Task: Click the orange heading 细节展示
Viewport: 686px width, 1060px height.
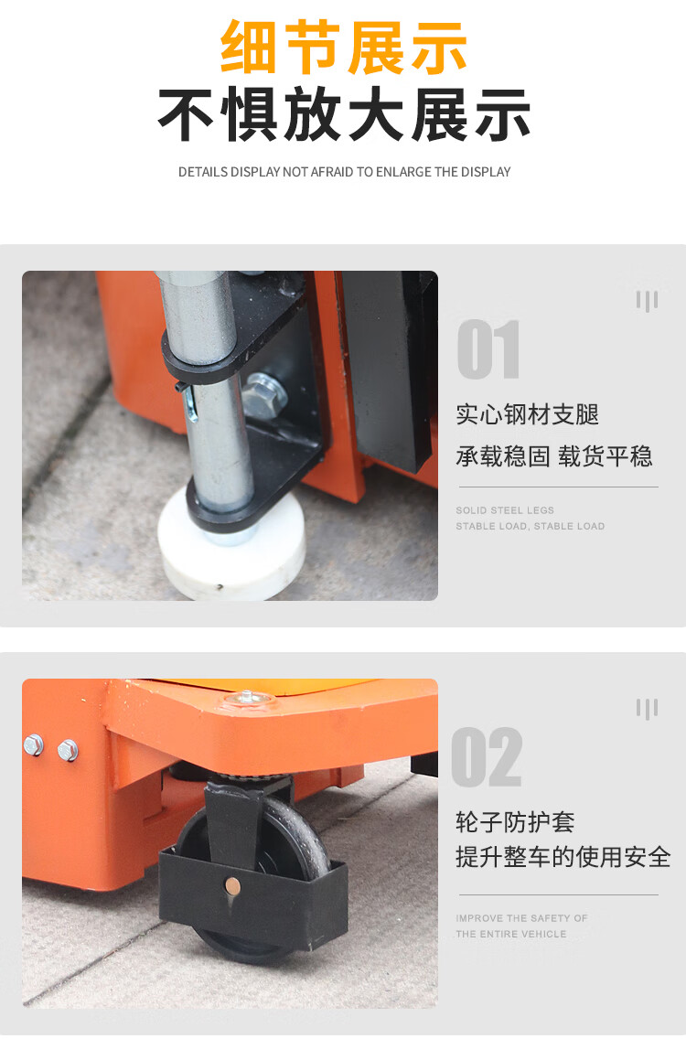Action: tap(344, 48)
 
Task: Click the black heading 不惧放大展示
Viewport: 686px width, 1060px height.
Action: tap(344, 115)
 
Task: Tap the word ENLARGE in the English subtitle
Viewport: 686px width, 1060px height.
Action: tap(403, 172)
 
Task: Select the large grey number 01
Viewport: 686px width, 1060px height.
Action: tap(488, 348)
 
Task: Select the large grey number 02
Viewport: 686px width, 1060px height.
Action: tap(487, 757)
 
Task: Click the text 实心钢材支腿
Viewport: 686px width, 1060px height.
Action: tap(527, 414)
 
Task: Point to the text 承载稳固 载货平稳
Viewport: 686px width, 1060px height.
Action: tap(554, 456)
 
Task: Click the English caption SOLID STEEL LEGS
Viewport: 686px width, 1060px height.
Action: tap(505, 510)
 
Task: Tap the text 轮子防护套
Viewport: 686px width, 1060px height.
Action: tap(515, 822)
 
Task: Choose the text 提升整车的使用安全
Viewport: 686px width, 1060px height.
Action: tap(563, 857)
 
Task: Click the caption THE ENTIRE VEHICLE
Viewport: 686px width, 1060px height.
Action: tap(511, 934)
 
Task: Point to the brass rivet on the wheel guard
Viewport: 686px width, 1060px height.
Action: tap(231, 885)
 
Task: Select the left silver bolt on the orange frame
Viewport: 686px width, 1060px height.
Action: tap(33, 745)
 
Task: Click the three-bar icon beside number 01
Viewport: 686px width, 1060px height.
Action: tap(647, 301)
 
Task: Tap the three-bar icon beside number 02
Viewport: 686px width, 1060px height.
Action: tap(647, 709)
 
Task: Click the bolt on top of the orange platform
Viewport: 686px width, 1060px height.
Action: tap(247, 698)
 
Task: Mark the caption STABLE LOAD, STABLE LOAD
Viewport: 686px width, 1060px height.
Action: tap(530, 526)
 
